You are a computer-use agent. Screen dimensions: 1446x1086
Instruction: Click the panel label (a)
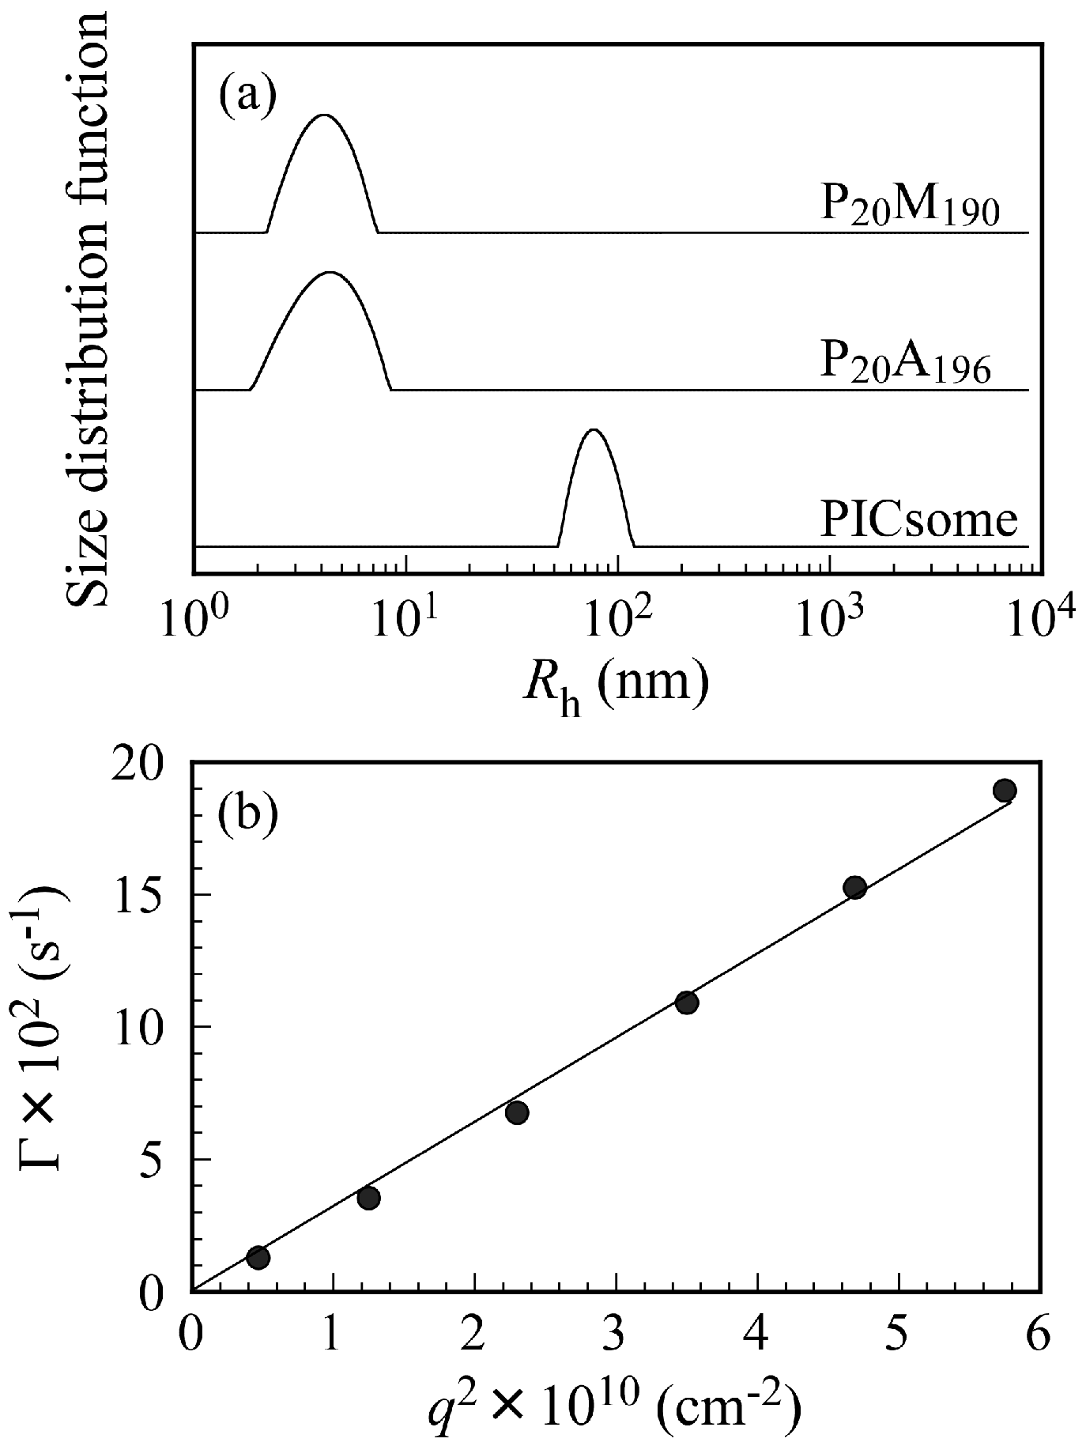[247, 96]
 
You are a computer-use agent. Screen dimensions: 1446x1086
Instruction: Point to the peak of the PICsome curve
[594, 430]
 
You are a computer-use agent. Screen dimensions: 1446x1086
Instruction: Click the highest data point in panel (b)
[1005, 791]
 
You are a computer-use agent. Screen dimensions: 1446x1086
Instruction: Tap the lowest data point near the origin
[258, 1258]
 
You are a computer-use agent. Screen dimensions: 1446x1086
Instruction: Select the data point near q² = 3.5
[687, 1003]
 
